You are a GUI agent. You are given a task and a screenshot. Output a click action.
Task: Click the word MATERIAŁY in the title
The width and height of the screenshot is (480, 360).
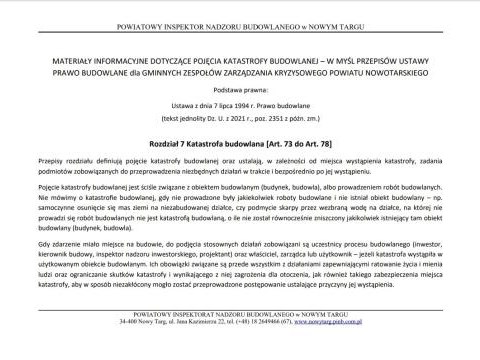[x=70, y=61]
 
